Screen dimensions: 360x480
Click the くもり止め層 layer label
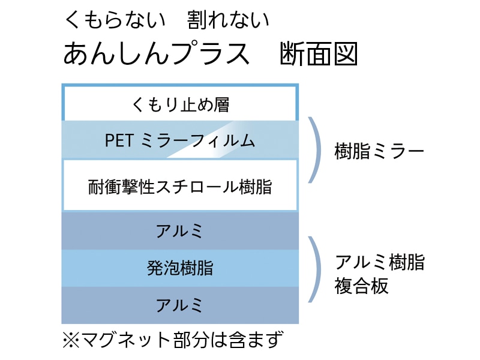[180, 104]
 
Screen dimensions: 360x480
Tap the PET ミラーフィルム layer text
[180, 141]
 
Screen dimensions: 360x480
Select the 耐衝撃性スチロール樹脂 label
[180, 187]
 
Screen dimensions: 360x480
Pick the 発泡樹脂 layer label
[180, 268]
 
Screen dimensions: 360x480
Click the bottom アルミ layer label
[180, 305]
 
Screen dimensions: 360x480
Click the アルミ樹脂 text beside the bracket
[379, 262]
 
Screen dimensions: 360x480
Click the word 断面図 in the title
[319, 55]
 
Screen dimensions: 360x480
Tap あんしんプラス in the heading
[156, 55]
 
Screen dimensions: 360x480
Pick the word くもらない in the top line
[114, 20]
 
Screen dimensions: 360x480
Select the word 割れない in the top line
[228, 20]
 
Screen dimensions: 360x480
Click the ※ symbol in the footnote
[71, 340]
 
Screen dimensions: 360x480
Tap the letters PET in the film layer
[119, 141]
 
